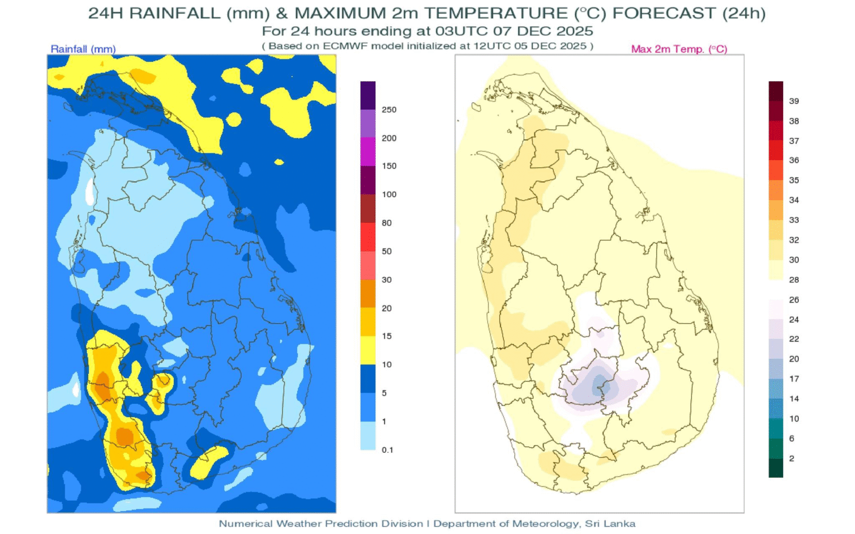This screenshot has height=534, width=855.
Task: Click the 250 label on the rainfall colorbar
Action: point(389,110)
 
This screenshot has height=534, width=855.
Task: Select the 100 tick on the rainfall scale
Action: point(389,194)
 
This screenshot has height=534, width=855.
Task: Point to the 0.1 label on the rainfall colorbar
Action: point(387,449)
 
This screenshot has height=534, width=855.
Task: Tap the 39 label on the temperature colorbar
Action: point(794,101)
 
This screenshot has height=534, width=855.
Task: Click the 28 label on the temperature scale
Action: point(794,279)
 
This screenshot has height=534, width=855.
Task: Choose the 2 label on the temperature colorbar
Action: point(792,458)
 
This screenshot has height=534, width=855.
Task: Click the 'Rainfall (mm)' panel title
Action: point(83,49)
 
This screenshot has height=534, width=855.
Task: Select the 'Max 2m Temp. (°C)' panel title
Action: point(679,49)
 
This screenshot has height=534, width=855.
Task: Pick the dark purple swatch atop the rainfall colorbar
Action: point(368,95)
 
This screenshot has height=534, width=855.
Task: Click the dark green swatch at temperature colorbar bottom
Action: point(775,467)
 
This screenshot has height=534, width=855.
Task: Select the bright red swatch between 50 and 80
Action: point(368,237)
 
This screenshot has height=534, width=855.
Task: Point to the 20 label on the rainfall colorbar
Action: point(386,308)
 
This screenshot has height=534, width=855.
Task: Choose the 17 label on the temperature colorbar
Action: point(794,379)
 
